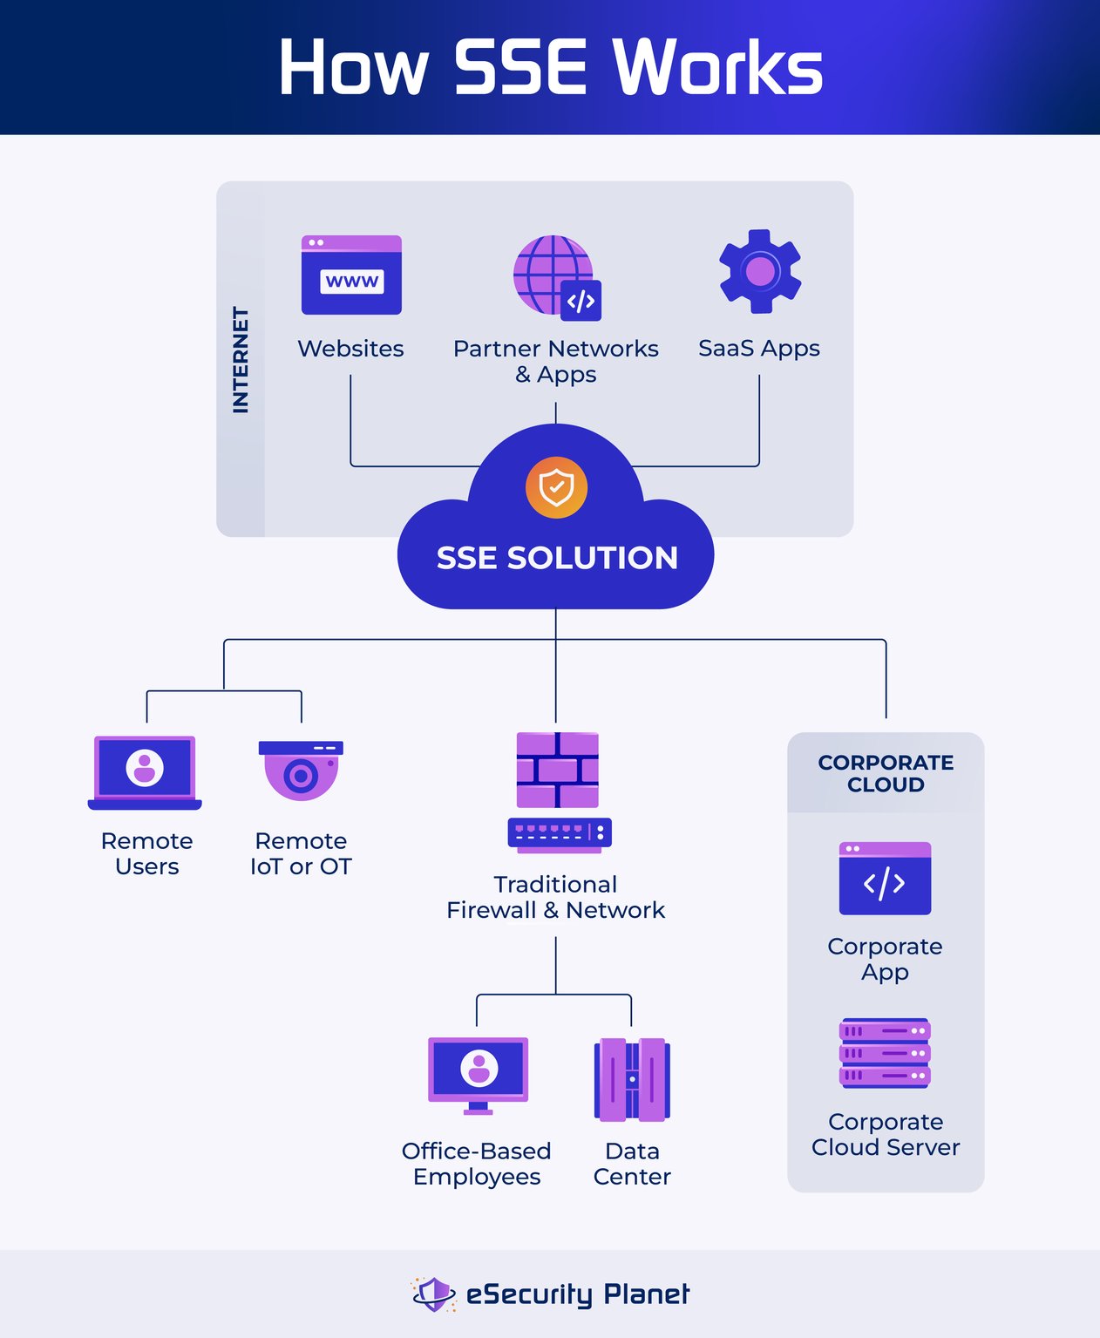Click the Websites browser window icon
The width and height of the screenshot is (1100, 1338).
pyautogui.click(x=351, y=275)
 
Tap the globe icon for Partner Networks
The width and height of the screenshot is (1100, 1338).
pyautogui.click(x=554, y=275)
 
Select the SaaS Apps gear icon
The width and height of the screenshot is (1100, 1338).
pyautogui.click(x=759, y=271)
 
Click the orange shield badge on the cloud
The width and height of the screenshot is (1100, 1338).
pyautogui.click(x=556, y=487)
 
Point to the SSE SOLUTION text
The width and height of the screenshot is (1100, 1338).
pyautogui.click(x=557, y=558)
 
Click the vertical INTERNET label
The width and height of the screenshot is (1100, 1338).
pyautogui.click(x=241, y=359)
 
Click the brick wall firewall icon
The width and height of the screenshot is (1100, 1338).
pyautogui.click(x=558, y=770)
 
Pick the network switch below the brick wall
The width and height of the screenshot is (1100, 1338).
pyautogui.click(x=560, y=833)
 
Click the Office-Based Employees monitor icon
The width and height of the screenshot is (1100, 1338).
pyautogui.click(x=478, y=1074)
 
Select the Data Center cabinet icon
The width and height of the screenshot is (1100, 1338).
pyautogui.click(x=632, y=1079)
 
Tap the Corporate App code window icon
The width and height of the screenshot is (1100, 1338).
pyautogui.click(x=885, y=879)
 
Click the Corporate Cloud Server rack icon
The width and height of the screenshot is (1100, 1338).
pyautogui.click(x=885, y=1053)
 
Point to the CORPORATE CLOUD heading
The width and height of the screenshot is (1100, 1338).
pyautogui.click(x=886, y=773)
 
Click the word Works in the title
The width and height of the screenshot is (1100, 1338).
pyautogui.click(x=717, y=68)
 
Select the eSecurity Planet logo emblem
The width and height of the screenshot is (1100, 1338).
pyautogui.click(x=433, y=1294)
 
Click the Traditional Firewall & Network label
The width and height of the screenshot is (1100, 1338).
pyautogui.click(x=555, y=897)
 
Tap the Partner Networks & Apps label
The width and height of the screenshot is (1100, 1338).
pyautogui.click(x=555, y=361)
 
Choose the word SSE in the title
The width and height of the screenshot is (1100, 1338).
pyautogui.click(x=519, y=68)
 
